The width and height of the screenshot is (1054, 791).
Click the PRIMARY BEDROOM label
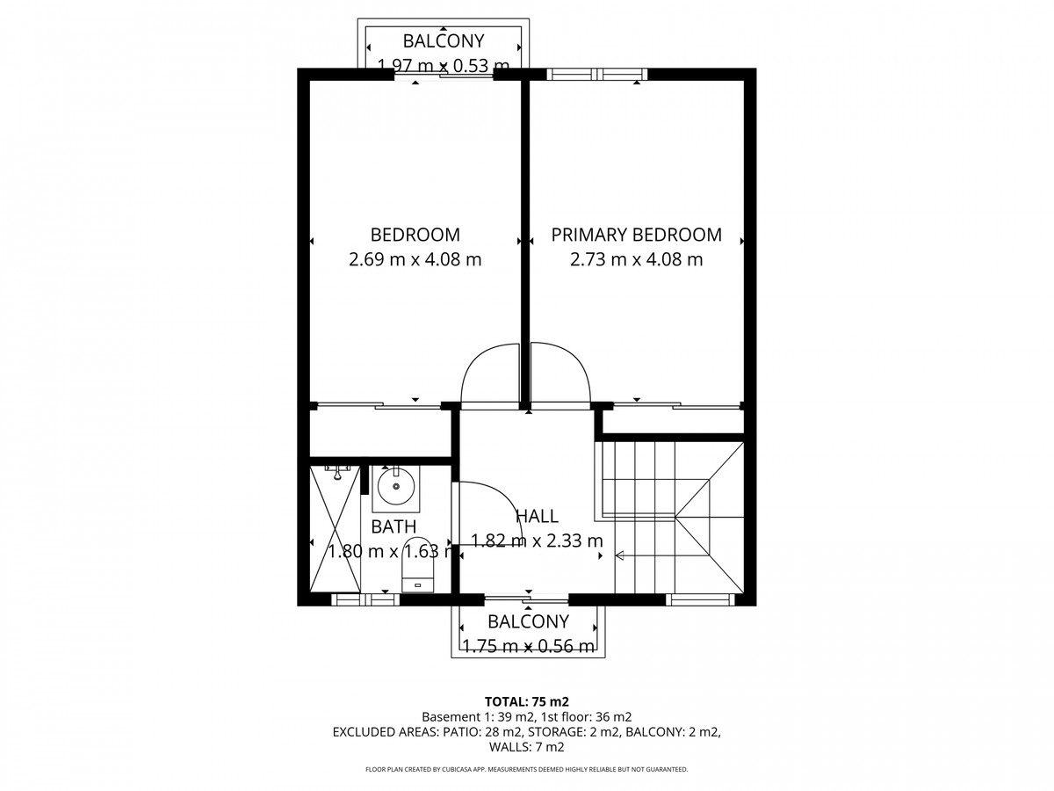(x=636, y=235)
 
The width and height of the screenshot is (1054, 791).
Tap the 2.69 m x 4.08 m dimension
(x=415, y=259)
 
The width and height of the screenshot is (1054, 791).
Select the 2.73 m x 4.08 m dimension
(x=636, y=259)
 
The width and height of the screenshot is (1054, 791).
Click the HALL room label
(x=537, y=516)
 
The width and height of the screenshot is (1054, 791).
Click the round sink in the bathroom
(x=396, y=487)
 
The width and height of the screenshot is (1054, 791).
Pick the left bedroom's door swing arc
(x=490, y=374)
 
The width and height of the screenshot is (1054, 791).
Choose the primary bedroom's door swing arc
(x=560, y=374)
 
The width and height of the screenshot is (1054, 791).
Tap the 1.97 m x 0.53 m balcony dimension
(x=443, y=65)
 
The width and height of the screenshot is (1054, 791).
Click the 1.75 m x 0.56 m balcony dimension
(x=528, y=645)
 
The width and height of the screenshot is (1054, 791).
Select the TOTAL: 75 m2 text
(x=527, y=701)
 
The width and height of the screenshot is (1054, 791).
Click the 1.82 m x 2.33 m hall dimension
(x=537, y=541)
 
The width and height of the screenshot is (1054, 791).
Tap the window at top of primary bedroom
(x=596, y=74)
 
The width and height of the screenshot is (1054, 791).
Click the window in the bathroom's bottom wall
(x=365, y=600)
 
